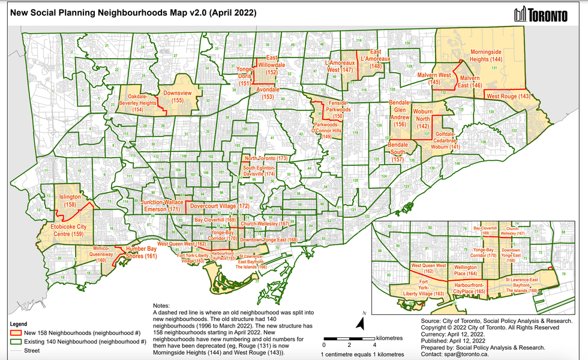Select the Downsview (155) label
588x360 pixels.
178,97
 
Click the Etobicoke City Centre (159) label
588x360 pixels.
61,230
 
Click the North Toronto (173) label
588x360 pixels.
266,158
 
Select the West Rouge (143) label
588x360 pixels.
508,97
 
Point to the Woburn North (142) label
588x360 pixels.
423,122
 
